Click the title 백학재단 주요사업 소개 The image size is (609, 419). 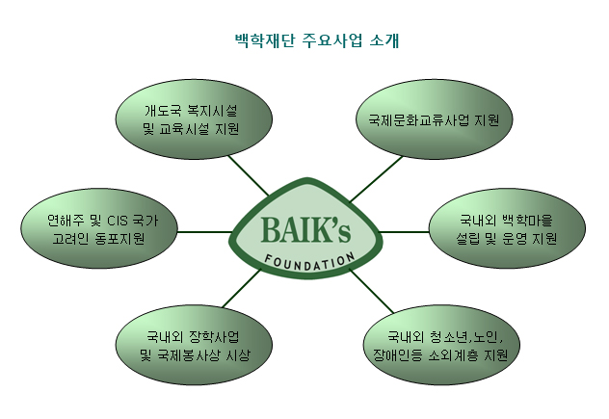point(317,40)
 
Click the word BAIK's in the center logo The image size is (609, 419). point(305,230)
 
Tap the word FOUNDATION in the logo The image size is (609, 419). point(310,262)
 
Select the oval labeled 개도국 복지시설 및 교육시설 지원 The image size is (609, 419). point(194,119)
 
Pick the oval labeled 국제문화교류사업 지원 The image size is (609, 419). point(434,119)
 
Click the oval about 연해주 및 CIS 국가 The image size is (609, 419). point(99,228)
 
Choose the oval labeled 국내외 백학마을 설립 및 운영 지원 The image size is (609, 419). point(507,228)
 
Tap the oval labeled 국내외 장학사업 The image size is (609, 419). point(194,345)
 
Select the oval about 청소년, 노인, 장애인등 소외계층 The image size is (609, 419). point(441,345)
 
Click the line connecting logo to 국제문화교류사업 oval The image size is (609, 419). point(377,179)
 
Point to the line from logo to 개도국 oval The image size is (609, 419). point(249,175)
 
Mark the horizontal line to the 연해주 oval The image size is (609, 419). point(204,232)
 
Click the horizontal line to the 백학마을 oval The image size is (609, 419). point(404,232)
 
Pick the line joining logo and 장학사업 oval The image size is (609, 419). point(242,289)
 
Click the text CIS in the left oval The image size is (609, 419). point(118,221)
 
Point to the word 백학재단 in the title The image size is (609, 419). point(265,40)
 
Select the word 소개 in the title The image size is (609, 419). point(384,40)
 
